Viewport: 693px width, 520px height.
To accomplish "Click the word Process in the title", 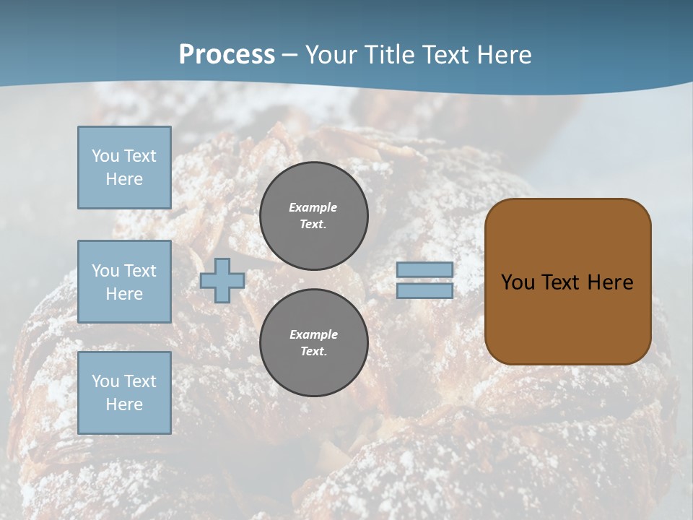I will click(x=227, y=55).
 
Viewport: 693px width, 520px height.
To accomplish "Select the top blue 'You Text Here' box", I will click(x=124, y=168).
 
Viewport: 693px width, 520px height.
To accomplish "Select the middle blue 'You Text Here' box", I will click(x=124, y=282).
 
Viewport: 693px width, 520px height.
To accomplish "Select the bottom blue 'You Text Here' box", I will click(x=124, y=393).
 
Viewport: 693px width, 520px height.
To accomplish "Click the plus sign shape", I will click(x=222, y=280).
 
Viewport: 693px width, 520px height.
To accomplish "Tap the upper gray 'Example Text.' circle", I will click(x=313, y=216).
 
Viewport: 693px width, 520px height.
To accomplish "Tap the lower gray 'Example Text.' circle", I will click(x=313, y=342).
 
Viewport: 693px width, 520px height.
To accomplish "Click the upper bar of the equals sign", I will click(x=424, y=269).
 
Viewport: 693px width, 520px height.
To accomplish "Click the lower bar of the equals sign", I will click(x=424, y=290).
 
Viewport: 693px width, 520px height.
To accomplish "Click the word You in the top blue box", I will click(x=105, y=156).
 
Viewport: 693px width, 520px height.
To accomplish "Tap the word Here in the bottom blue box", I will click(x=124, y=404).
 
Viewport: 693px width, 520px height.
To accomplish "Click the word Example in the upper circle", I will click(x=313, y=207).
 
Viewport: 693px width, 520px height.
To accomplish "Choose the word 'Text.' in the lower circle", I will click(x=313, y=351).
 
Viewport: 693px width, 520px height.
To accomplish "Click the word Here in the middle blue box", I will click(x=124, y=294).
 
